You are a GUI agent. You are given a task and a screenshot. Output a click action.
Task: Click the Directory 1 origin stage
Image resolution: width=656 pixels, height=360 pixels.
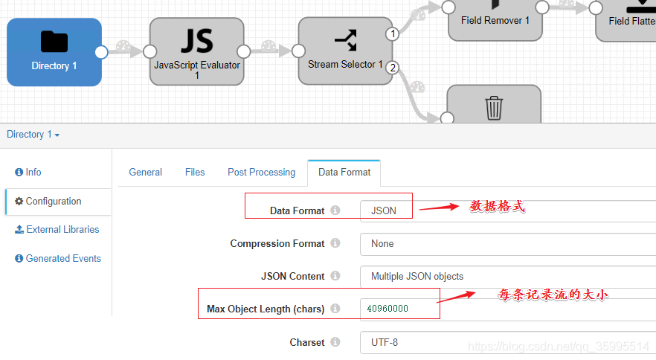pos(54,52)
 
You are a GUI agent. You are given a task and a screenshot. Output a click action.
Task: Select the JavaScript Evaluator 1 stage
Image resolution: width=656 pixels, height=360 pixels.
pos(196,52)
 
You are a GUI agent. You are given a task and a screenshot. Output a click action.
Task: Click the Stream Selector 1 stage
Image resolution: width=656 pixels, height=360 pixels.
pos(345,52)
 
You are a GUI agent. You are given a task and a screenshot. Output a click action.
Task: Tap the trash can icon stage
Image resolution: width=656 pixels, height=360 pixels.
pos(494,107)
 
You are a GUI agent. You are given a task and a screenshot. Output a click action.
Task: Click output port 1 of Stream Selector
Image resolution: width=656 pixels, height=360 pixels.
pos(393,34)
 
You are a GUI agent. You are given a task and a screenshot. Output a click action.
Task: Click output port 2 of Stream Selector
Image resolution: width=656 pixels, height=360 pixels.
pos(393,68)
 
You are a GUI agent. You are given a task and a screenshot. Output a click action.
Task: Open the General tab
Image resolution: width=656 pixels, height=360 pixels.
pos(145,172)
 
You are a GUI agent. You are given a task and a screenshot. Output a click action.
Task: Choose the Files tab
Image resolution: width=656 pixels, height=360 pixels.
pos(195,172)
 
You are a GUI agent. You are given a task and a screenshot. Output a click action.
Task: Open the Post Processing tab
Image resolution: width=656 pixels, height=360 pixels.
pos(261,172)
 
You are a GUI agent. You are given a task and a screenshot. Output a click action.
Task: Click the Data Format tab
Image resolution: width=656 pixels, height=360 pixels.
pos(344,172)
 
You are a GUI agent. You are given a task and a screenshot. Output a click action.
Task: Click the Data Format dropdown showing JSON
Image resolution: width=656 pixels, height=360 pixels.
pos(506,211)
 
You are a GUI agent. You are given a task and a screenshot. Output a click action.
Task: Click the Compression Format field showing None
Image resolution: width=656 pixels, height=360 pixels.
pos(506,244)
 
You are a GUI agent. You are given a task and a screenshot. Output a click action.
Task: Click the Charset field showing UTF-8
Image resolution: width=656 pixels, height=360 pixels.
pos(506,343)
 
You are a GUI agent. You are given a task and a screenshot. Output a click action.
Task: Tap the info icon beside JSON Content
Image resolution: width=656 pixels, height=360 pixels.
pos(335,276)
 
